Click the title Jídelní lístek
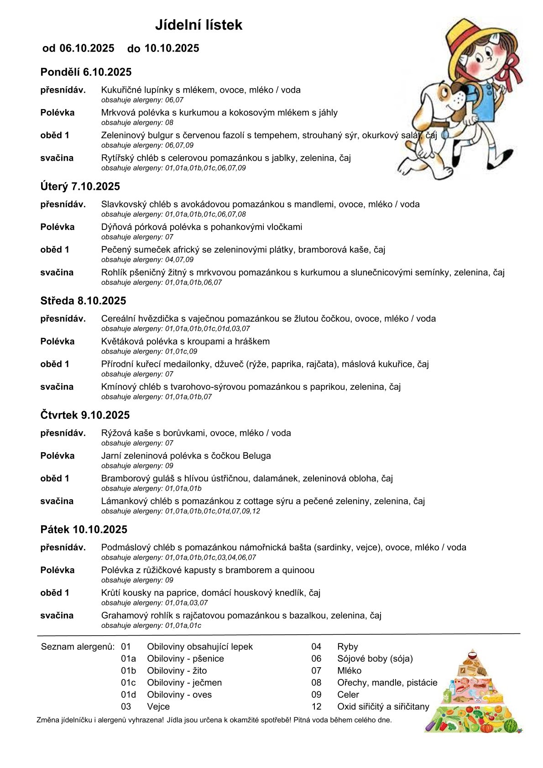pos(198,25)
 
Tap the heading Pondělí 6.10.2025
pos(86,72)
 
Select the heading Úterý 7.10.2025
pos(80,186)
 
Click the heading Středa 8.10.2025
pos(83,301)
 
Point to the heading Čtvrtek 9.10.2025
pos(85,415)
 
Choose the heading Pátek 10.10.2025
pos(84,529)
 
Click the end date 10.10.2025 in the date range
pos(172,48)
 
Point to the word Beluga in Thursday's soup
pos(256,455)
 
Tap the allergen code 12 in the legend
pos(317,706)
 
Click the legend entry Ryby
pos(347,647)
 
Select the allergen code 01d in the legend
pos(128,695)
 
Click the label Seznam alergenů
pos(78,647)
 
